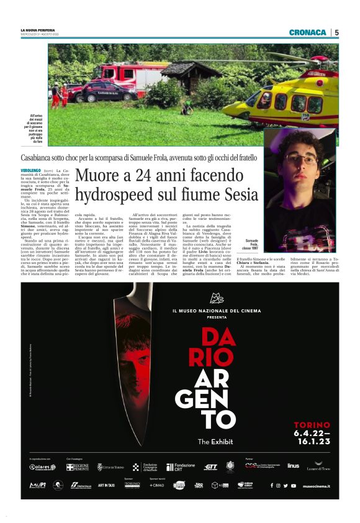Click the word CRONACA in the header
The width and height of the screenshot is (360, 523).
[x=307, y=32]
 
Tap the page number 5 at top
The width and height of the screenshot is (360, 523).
[x=336, y=32]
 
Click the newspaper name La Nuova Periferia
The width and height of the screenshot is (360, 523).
[x=38, y=29]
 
